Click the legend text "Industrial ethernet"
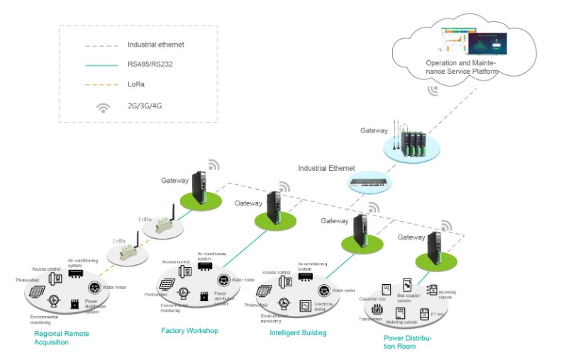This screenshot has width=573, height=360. click(x=156, y=45)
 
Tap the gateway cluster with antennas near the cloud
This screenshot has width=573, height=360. click(x=412, y=142)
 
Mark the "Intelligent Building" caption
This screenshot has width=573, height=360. click(x=298, y=332)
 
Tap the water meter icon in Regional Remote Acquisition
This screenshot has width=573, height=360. click(x=94, y=288)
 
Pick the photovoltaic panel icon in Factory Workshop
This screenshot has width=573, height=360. click(x=167, y=284)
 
